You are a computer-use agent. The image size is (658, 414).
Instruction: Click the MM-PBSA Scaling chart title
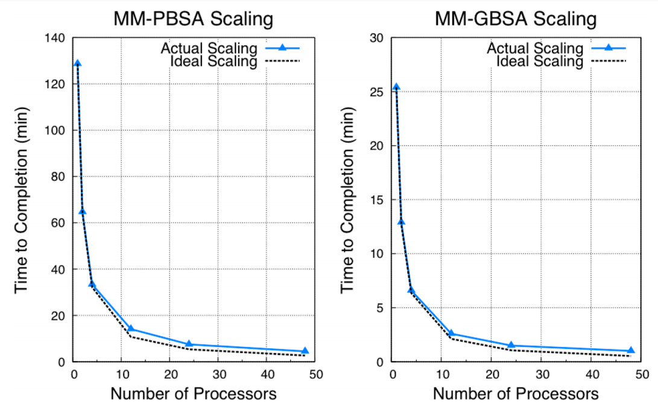point(193,19)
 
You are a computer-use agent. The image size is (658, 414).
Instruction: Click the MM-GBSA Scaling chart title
point(516,19)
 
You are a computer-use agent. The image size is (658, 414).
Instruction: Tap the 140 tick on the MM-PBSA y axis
point(58,38)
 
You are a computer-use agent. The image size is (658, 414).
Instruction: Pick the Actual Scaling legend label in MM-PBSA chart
point(209,48)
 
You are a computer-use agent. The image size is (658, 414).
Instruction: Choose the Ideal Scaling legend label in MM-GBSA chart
point(540,61)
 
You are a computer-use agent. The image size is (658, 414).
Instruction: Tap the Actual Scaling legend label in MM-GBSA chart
point(535,48)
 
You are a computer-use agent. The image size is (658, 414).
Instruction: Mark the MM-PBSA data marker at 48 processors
point(305,351)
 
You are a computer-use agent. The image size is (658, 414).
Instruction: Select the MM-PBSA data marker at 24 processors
point(189,344)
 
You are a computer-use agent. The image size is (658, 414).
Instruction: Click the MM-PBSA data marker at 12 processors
point(131,329)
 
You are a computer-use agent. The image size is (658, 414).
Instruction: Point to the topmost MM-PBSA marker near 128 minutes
point(78,63)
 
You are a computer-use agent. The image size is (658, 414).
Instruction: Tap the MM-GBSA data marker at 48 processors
point(631,350)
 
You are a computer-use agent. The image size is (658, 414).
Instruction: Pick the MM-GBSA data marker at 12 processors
point(452,333)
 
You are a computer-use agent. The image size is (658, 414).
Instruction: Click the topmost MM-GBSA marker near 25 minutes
point(396,87)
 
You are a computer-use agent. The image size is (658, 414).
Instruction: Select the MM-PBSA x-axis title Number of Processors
point(193,394)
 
